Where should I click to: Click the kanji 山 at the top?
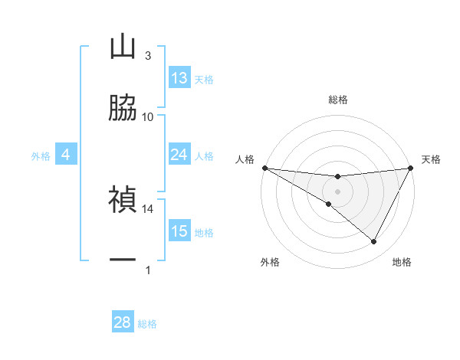click(123, 47)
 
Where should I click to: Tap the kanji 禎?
click(123, 200)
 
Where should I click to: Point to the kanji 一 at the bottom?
click(123, 261)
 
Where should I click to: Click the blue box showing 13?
click(179, 78)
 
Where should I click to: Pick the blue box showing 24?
click(179, 155)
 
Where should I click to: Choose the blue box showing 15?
click(179, 231)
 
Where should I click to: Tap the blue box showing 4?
click(65, 155)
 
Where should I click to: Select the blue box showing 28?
click(123, 322)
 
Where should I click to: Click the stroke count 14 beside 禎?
click(148, 208)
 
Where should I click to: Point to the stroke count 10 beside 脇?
click(148, 116)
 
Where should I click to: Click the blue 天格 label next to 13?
click(204, 80)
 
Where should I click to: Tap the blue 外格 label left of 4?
click(41, 156)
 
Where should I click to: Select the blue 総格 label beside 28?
click(147, 324)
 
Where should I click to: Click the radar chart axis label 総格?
click(337, 100)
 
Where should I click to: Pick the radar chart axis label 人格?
click(245, 159)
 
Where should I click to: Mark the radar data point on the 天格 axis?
click(411, 168)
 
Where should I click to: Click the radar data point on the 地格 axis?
click(374, 242)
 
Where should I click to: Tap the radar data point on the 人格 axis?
click(264, 168)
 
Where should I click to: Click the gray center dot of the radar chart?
click(337, 191)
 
